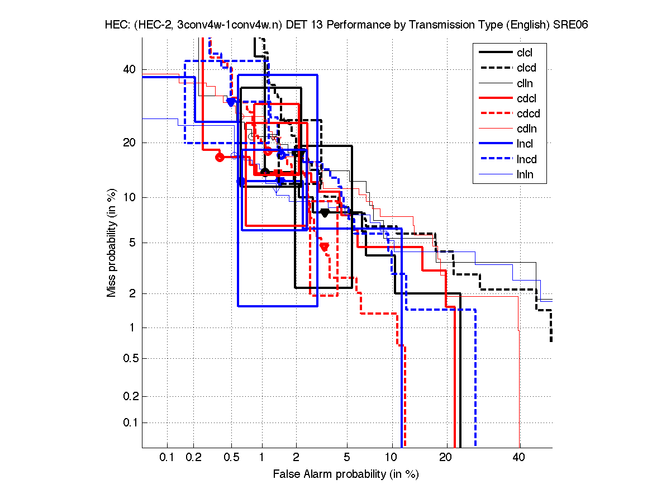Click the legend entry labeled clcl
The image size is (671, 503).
click(524, 53)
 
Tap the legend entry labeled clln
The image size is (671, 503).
click(524, 83)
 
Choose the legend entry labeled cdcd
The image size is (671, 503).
click(527, 113)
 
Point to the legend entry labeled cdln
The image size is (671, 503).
click(525, 129)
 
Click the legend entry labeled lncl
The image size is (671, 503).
click(524, 144)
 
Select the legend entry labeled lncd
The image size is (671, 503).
click(526, 159)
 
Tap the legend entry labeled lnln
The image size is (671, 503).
click(524, 174)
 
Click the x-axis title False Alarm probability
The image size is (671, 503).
click(346, 474)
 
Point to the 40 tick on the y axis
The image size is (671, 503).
click(129, 69)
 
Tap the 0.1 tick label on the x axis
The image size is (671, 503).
click(167, 457)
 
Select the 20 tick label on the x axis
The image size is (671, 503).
click(445, 457)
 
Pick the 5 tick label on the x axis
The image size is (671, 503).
click(347, 457)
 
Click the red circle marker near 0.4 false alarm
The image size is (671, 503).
click(220, 157)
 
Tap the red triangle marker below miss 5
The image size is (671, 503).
click(324, 246)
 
